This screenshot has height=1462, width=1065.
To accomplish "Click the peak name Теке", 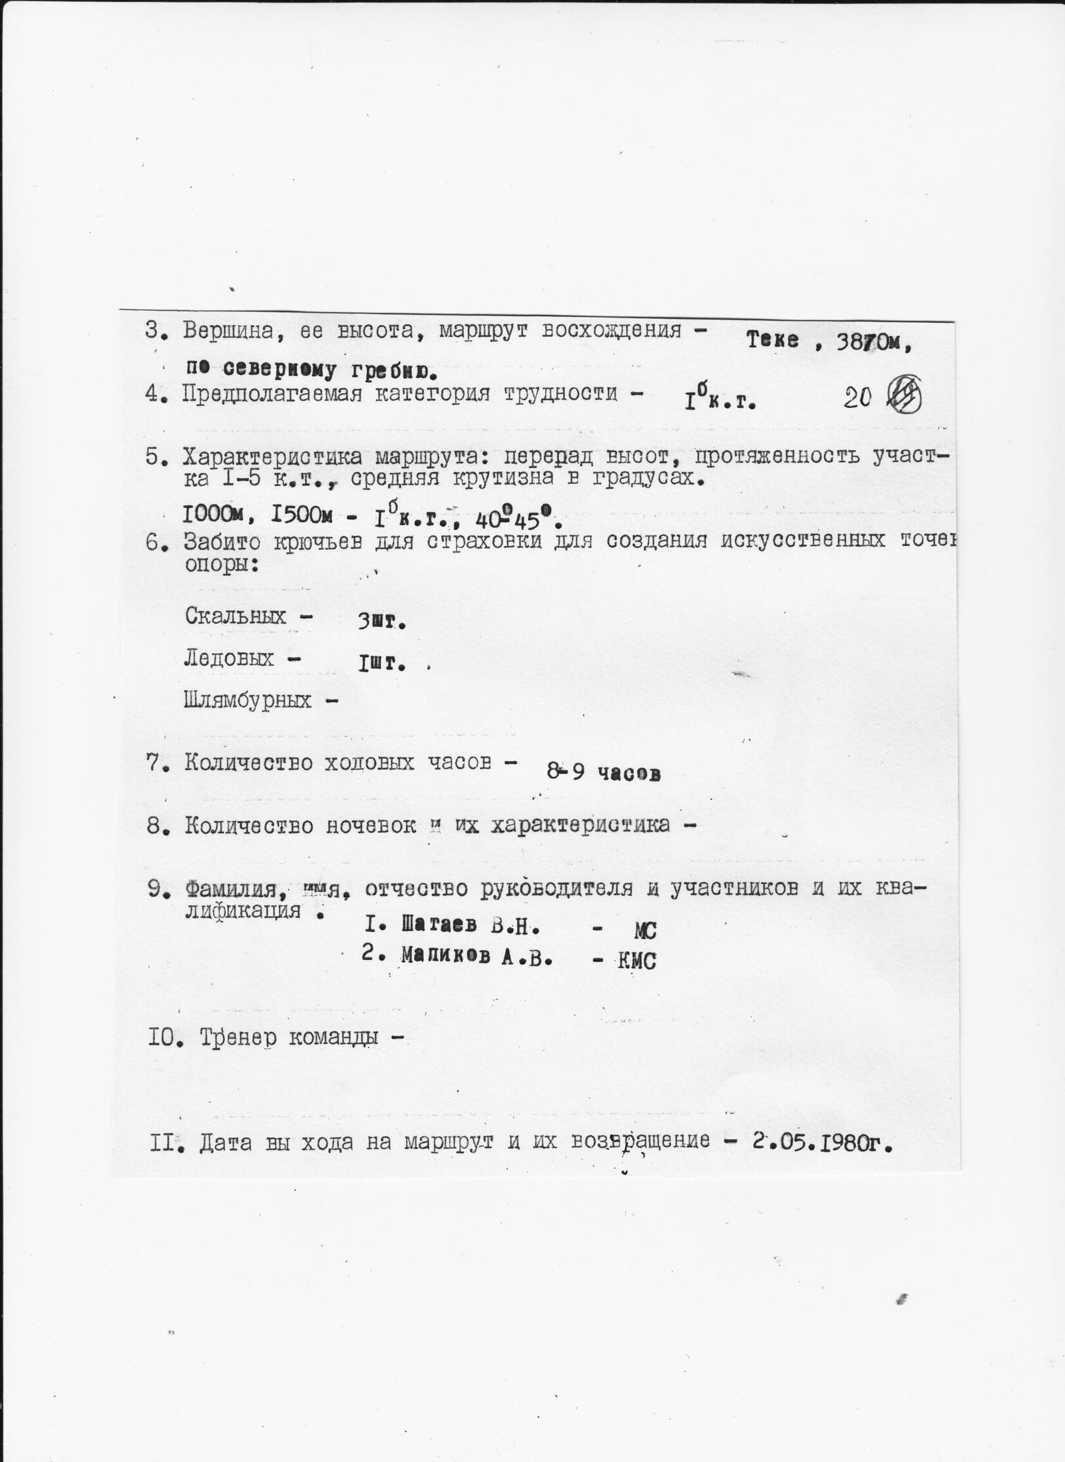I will pyautogui.click(x=771, y=340).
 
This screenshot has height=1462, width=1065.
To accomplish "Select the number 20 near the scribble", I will pyautogui.click(x=858, y=397).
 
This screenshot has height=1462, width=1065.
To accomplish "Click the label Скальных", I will pyautogui.click(x=236, y=615).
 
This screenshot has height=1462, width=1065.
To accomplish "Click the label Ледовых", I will pyautogui.click(x=229, y=658).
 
